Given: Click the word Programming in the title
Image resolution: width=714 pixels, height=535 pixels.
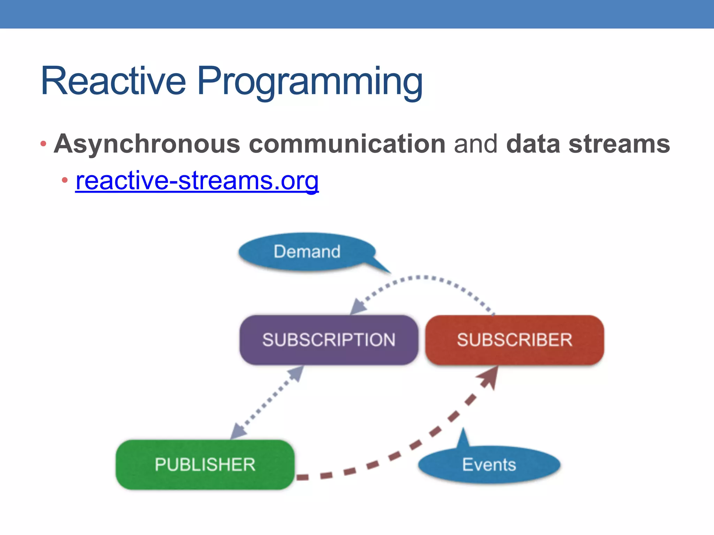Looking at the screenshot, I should [x=310, y=83].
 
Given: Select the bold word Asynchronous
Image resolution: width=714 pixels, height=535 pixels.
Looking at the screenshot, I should [x=147, y=144].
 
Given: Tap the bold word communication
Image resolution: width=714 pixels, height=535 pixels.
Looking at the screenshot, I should [x=347, y=144].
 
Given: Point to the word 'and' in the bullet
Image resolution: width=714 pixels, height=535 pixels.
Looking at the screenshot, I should [x=476, y=144].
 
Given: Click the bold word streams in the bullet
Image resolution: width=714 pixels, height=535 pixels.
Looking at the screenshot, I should [x=619, y=144].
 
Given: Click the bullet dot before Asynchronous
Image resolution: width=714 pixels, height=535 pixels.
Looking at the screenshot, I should [x=43, y=144].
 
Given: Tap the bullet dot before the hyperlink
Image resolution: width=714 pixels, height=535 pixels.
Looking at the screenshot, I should [x=65, y=180].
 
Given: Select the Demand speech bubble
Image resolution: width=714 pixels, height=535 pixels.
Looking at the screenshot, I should [x=307, y=251].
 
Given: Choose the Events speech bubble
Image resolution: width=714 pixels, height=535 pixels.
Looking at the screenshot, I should [x=489, y=464].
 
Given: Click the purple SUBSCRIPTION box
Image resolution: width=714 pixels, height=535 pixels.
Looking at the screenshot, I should [x=329, y=340].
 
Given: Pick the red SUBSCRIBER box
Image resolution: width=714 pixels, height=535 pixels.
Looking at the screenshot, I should [x=515, y=340].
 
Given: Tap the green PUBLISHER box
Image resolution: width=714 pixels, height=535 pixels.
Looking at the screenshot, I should [x=205, y=464].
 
